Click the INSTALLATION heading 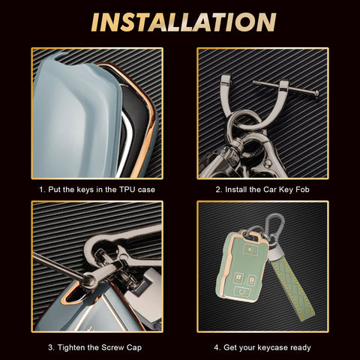point(184,22)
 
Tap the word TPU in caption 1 point(127,190)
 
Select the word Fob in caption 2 point(302,190)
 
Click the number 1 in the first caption point(41,190)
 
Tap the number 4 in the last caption point(217,347)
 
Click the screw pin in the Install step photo point(286,88)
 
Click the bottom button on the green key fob point(242,292)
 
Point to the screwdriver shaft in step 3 point(58,266)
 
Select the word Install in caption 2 point(235,190)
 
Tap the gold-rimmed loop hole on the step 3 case point(75,295)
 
